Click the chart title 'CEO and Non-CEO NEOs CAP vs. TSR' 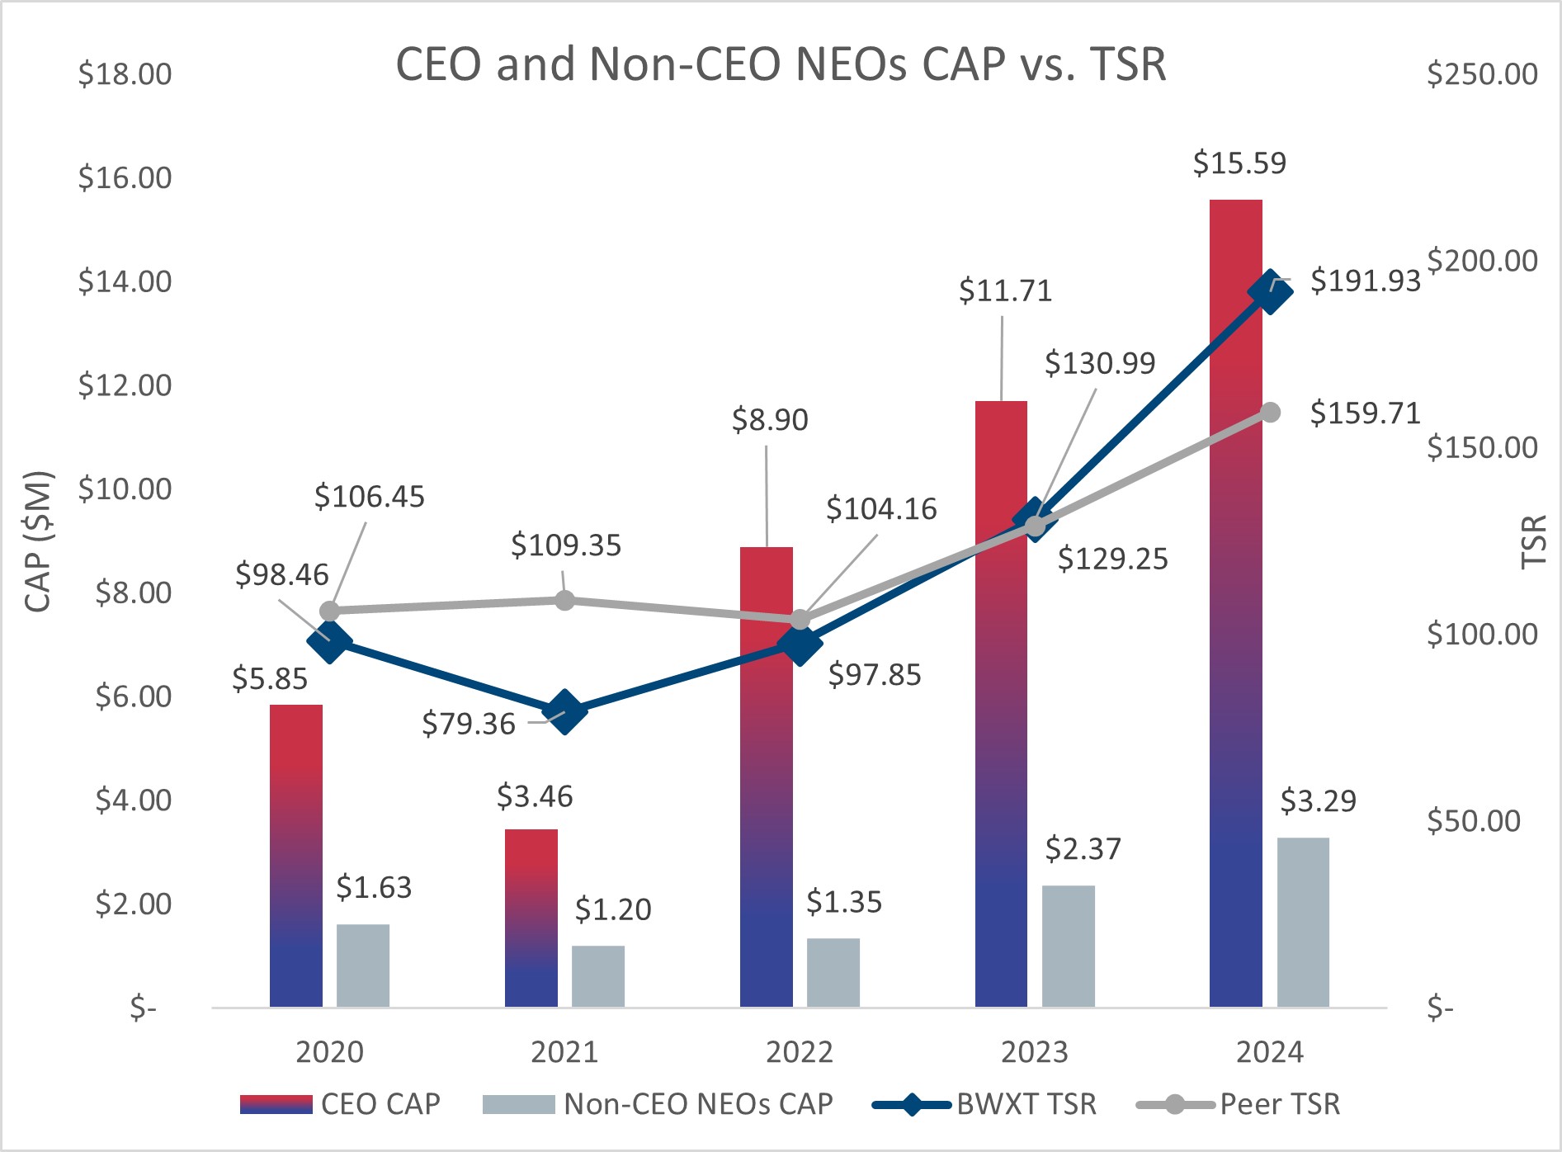(781, 64)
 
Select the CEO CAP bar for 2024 (1235, 602)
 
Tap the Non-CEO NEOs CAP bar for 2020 (363, 965)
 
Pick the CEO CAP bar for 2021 (531, 918)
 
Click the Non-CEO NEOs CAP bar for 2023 (1068, 946)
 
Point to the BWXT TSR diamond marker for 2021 (564, 711)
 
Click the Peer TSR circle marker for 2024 (1271, 412)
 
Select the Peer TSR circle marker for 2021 (564, 600)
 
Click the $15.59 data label (1239, 163)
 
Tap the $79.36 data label (468, 724)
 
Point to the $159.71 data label (1365, 413)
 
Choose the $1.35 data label (843, 902)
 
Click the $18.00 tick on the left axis (125, 74)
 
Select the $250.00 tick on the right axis (1482, 74)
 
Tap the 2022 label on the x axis (799, 1052)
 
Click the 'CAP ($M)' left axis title (38, 541)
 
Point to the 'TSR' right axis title (1533, 541)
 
